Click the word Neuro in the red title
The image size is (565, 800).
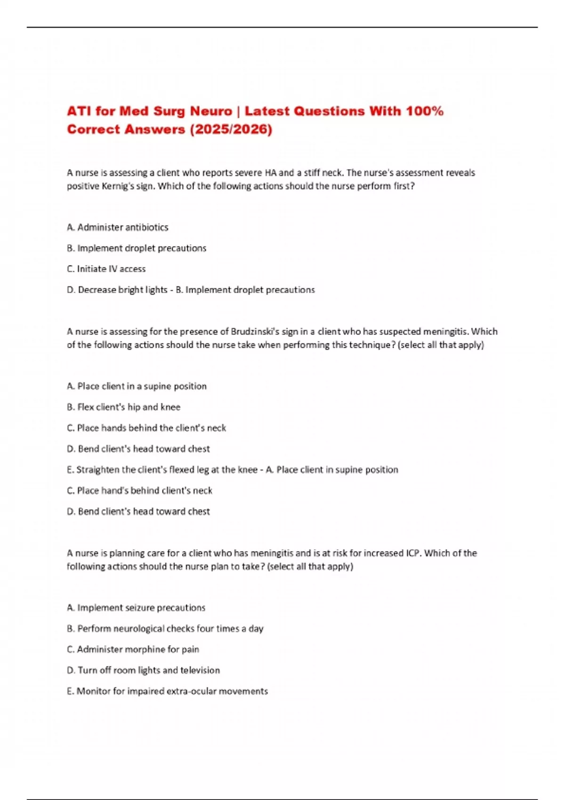click(x=211, y=112)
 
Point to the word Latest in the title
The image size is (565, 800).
click(x=266, y=112)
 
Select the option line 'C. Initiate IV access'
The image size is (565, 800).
click(x=106, y=269)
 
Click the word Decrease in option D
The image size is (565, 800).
click(x=96, y=290)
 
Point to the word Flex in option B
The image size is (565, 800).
click(x=86, y=407)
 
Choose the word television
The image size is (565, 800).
click(x=200, y=670)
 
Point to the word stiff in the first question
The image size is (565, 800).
click(x=312, y=173)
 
